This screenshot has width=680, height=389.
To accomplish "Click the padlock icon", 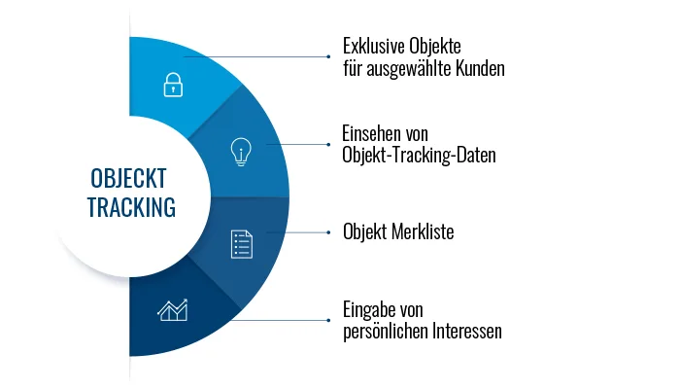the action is click(x=173, y=85).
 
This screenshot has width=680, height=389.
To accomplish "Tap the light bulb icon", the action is click(x=241, y=152).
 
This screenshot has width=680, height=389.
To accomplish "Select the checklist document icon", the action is click(x=242, y=244).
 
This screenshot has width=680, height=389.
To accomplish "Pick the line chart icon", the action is click(x=173, y=310).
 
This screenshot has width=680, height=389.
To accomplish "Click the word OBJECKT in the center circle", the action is click(x=128, y=178).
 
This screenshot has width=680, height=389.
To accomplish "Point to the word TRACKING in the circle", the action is click(x=131, y=207).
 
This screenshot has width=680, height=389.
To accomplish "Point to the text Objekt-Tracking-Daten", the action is click(x=419, y=155).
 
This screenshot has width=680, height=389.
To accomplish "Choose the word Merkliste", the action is click(x=423, y=231).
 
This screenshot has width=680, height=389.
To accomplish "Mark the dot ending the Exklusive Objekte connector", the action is click(x=328, y=56).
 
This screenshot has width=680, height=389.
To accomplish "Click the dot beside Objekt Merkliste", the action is click(x=328, y=232).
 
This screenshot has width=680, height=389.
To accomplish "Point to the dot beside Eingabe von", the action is click(x=328, y=320).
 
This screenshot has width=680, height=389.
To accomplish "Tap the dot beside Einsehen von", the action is click(x=328, y=144).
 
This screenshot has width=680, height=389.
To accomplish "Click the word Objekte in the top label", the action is click(x=435, y=46).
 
